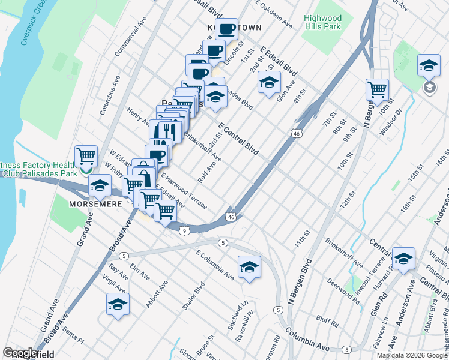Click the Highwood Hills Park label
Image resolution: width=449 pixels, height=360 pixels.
click(x=322, y=23)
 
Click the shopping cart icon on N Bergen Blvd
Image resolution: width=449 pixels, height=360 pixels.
click(x=377, y=89)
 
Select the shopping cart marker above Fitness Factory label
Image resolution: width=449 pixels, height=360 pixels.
click(x=86, y=156)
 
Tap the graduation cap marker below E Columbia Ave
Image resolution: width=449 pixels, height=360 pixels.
click(x=249, y=266)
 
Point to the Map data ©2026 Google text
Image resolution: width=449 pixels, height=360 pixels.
click(x=412, y=355)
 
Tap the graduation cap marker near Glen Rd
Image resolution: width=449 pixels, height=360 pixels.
click(x=403, y=258)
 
